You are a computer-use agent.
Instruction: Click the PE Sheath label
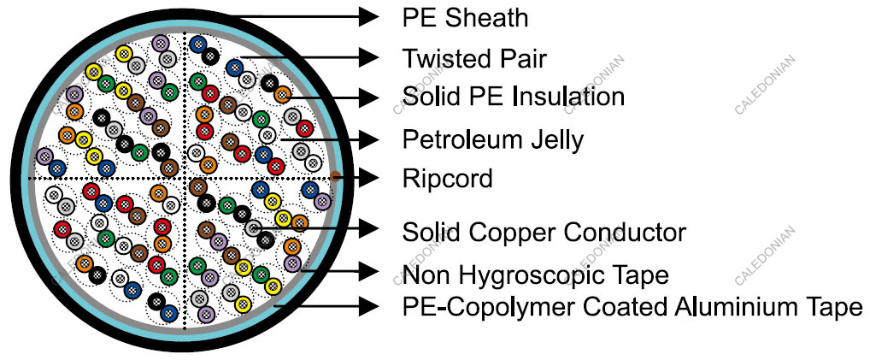[x=465, y=16]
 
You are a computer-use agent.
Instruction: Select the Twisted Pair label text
[x=474, y=58]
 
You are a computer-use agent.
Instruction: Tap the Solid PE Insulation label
[x=514, y=96]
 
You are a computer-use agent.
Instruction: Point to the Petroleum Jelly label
[x=493, y=138]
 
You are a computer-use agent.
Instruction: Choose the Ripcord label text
[x=448, y=178]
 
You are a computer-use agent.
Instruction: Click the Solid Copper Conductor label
[x=544, y=231]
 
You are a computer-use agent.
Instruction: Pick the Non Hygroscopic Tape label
[x=535, y=274]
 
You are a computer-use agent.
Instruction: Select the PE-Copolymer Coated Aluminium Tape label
[x=632, y=306]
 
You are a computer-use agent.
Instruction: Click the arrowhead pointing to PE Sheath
[x=368, y=16]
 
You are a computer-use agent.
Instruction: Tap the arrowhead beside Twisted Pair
[x=368, y=58]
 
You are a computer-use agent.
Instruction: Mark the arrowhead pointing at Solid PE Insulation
[x=368, y=96]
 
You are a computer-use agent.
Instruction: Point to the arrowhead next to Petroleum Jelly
[x=368, y=138]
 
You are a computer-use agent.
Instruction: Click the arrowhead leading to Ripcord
[x=368, y=178]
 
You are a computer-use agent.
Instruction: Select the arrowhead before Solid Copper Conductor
[x=368, y=228]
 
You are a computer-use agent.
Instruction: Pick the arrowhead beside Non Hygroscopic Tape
[x=368, y=273]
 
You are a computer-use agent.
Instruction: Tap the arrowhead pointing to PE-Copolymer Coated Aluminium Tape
[x=368, y=305]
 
